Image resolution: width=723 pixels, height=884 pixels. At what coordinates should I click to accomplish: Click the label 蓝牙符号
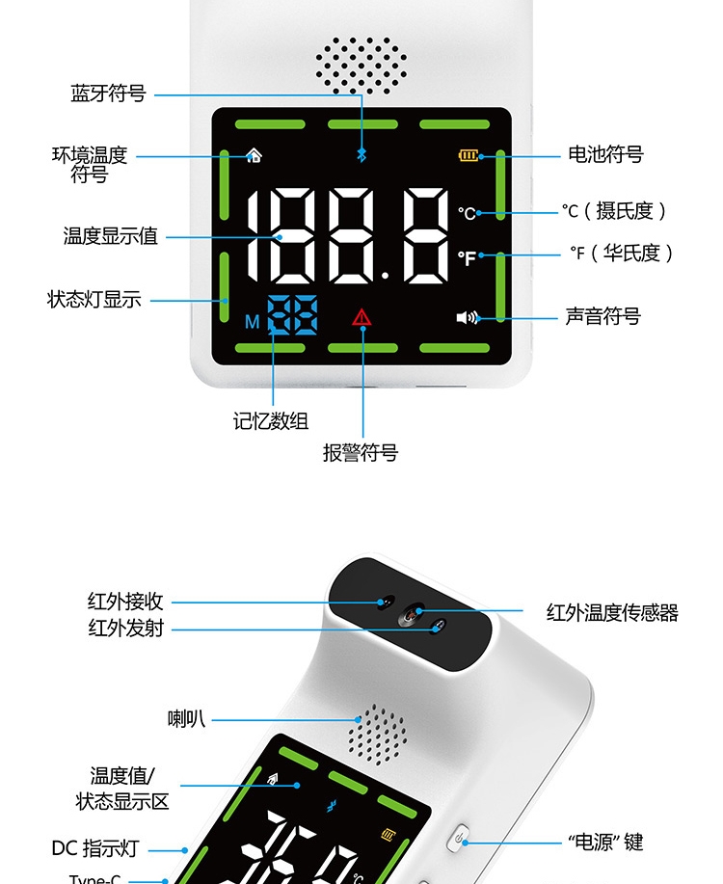108,94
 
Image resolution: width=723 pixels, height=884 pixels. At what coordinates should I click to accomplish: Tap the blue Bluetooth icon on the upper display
362,155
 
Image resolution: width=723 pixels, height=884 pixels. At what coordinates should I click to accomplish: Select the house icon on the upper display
254,154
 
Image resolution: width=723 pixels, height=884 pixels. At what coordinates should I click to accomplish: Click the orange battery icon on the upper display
469,155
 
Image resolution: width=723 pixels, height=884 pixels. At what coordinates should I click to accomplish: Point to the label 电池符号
604,154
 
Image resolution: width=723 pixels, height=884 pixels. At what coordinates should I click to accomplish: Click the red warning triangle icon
362,316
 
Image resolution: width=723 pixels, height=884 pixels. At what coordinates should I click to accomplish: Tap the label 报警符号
361,453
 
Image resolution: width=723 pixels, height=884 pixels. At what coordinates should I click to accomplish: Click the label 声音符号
602,316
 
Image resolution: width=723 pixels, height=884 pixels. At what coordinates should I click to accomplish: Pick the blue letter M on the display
252,322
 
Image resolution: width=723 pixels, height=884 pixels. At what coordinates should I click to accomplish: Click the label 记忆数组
271,420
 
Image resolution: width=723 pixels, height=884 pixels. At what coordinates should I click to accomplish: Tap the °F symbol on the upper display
468,257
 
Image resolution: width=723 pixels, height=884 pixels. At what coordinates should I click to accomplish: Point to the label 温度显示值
110,235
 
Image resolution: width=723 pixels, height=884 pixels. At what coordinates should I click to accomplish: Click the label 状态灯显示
94,300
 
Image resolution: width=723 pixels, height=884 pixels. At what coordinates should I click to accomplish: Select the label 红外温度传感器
612,612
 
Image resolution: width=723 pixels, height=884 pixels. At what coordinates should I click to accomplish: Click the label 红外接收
126,603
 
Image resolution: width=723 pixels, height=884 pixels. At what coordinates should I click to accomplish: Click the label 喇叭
186,718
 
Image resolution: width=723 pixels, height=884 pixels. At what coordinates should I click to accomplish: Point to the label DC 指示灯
95,849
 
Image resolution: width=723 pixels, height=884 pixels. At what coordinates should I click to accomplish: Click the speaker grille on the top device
361,66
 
